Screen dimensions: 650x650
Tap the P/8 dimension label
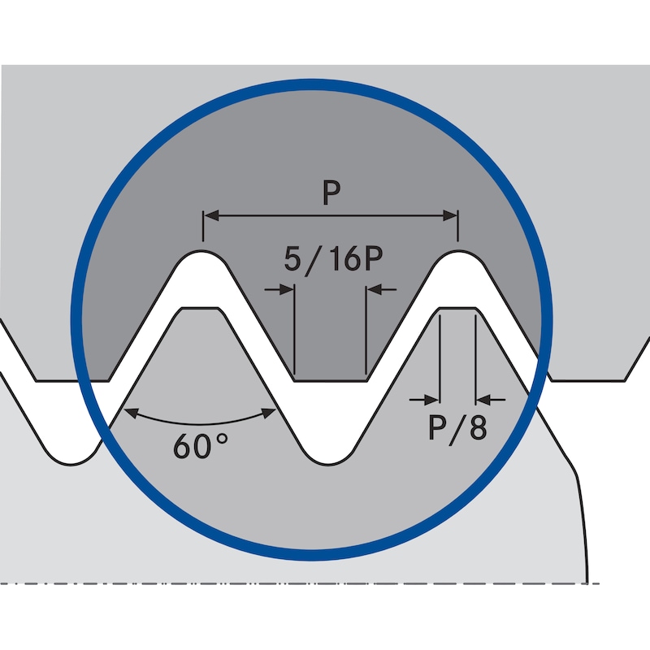[x=457, y=427]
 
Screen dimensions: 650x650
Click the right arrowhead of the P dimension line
[x=451, y=215]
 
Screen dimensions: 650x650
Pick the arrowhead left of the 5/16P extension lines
[x=286, y=288]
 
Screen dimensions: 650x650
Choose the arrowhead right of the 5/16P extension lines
[x=374, y=288]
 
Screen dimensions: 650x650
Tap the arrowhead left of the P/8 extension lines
[x=431, y=399]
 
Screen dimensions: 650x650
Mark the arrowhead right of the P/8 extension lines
[x=483, y=399]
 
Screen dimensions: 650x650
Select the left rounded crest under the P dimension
[x=201, y=254]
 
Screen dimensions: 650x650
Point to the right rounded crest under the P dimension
[x=458, y=254]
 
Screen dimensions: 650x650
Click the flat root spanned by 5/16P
[x=330, y=379]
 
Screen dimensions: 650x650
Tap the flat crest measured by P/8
[x=457, y=310]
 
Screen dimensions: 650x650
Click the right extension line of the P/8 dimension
[x=475, y=357]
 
